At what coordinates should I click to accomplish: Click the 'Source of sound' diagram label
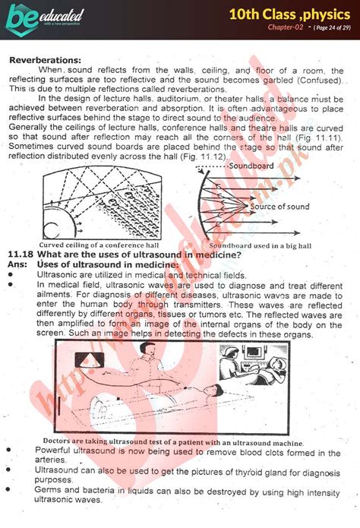click(x=279, y=207)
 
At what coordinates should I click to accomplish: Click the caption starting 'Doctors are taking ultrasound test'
click(x=173, y=443)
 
